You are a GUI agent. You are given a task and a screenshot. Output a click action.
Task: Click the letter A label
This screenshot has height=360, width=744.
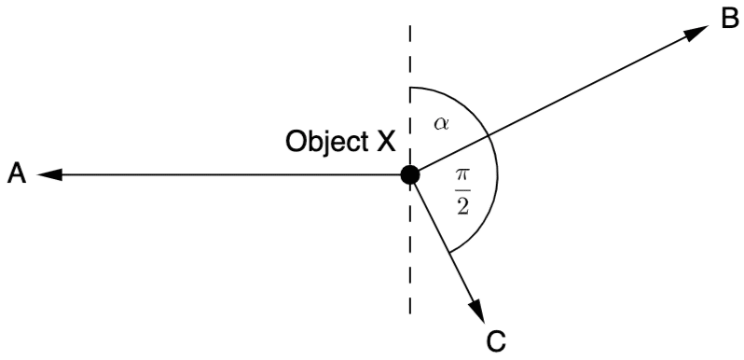[x=17, y=174]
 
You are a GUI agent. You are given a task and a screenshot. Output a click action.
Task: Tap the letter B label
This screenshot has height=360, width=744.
[x=729, y=20]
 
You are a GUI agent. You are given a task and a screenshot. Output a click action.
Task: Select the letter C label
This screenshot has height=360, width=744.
[x=496, y=342]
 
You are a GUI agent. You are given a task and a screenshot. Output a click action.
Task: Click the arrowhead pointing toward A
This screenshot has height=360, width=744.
[x=49, y=175]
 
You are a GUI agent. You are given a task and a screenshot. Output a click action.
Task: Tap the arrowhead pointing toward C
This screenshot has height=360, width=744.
[x=477, y=312]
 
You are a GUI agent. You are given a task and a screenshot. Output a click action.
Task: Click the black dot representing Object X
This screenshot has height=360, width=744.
[x=410, y=175]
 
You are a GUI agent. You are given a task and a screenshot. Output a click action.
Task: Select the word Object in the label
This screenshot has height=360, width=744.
[x=326, y=142]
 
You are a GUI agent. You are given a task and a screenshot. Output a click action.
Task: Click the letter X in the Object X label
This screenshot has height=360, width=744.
[x=385, y=142]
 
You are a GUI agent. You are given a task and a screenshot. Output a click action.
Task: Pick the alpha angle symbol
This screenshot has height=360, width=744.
[x=442, y=123]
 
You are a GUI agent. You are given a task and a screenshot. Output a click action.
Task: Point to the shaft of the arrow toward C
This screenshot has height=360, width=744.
[x=443, y=241]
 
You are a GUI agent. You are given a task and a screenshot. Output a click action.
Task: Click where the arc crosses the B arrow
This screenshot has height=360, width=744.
[x=489, y=136]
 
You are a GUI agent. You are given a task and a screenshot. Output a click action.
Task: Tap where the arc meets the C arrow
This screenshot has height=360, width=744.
[x=449, y=253]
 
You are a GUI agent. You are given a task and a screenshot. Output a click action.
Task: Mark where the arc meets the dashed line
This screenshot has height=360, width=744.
[x=410, y=89]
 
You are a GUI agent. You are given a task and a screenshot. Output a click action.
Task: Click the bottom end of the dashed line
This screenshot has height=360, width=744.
[x=410, y=313]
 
